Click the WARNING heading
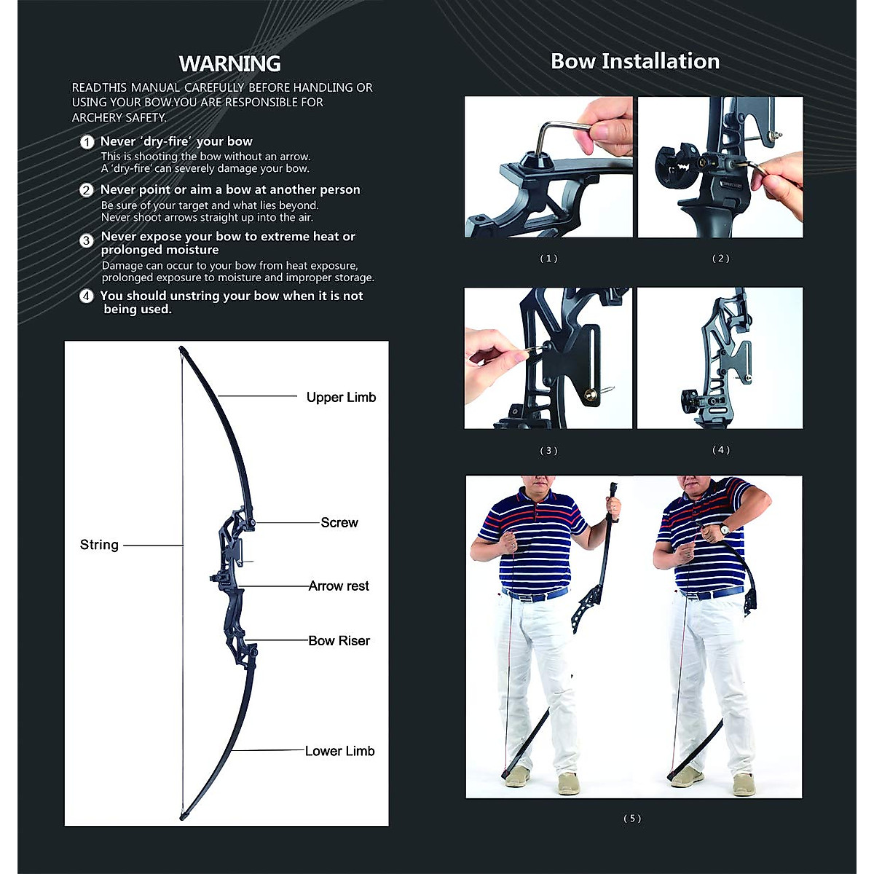tap(229, 64)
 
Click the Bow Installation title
tap(634, 61)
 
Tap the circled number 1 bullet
tap(87, 142)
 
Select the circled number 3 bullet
tap(87, 240)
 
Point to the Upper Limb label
tap(341, 397)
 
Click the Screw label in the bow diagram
tap(339, 522)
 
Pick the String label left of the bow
tap(99, 545)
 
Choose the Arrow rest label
tap(339, 586)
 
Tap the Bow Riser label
tap(339, 641)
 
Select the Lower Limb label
tap(339, 751)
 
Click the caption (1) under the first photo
tap(548, 259)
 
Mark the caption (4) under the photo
tap(720, 450)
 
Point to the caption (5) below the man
tap(632, 819)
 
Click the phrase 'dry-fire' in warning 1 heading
tap(165, 141)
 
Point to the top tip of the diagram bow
tap(181, 350)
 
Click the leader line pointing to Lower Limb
tap(269, 750)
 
